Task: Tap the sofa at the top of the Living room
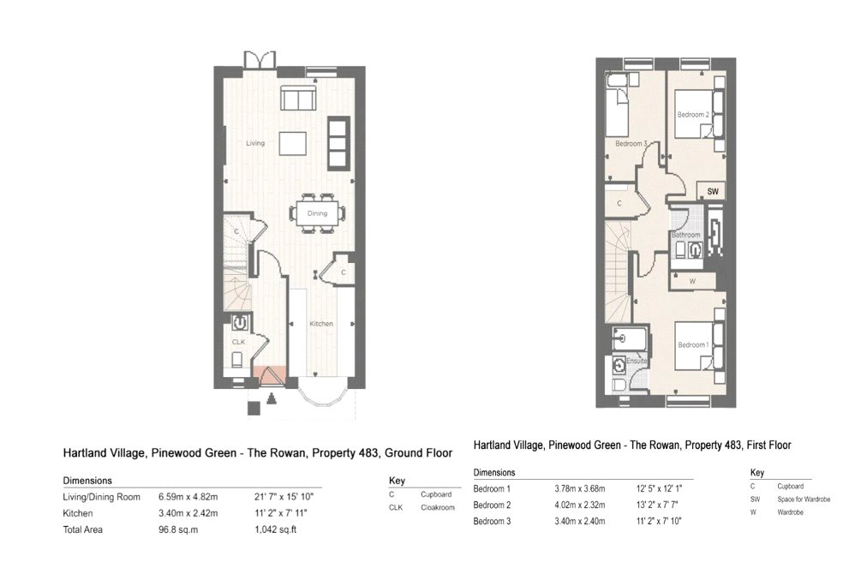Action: [x=296, y=101]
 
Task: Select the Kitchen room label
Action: [x=321, y=323]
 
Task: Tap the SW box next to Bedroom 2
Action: [x=712, y=191]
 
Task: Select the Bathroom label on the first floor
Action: [x=686, y=235]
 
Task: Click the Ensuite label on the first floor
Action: [x=637, y=362]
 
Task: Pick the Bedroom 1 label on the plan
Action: [x=692, y=344]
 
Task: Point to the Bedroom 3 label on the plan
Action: [x=631, y=143]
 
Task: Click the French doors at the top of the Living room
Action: [x=260, y=61]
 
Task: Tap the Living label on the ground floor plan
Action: [x=254, y=143]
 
